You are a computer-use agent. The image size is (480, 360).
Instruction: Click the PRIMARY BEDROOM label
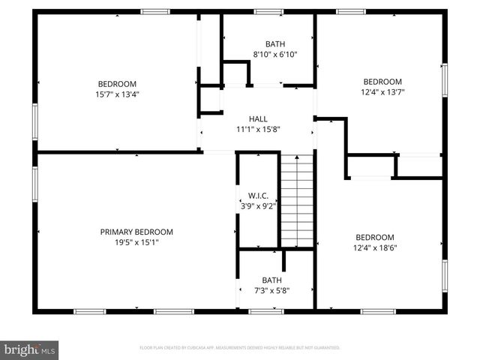pyautogui.click(x=136, y=232)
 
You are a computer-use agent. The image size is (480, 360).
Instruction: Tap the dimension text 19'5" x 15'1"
pyautogui.click(x=136, y=242)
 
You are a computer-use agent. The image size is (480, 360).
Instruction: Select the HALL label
pyautogui.click(x=258, y=118)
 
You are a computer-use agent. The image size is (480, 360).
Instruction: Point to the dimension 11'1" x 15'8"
pyautogui.click(x=258, y=129)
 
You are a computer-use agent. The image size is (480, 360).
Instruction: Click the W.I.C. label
pyautogui.click(x=258, y=195)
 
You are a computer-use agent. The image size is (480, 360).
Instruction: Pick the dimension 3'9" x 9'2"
pyautogui.click(x=258, y=205)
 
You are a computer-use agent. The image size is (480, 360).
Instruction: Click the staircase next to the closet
pyautogui.click(x=296, y=199)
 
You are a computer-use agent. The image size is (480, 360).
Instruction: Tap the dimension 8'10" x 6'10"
pyautogui.click(x=275, y=55)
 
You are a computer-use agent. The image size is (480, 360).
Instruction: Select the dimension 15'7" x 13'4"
pyautogui.click(x=117, y=94)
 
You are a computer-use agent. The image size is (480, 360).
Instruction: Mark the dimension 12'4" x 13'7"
pyautogui.click(x=382, y=92)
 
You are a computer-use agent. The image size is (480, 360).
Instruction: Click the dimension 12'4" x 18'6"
pyautogui.click(x=374, y=247)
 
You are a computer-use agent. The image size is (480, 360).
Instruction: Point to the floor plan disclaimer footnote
pyautogui.click(x=240, y=348)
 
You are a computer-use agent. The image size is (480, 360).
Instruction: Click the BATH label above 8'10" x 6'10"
pyautogui.click(x=275, y=44)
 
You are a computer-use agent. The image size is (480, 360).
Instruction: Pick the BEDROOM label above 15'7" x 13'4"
pyautogui.click(x=117, y=84)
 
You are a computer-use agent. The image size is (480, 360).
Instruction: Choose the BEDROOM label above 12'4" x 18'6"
pyautogui.click(x=374, y=237)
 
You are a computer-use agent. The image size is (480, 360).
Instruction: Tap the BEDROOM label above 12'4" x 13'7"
pyautogui.click(x=382, y=82)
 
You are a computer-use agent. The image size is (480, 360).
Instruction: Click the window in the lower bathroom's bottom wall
pyautogui.click(x=266, y=310)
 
